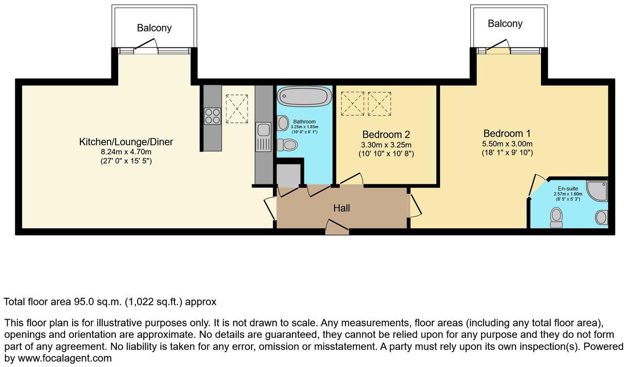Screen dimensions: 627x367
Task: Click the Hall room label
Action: (342, 208)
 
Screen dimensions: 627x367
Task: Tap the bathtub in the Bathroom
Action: (304, 96)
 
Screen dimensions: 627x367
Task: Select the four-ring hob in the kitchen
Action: (213, 116)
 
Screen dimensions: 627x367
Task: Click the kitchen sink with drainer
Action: (263, 137)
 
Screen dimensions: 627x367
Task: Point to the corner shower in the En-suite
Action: (597, 191)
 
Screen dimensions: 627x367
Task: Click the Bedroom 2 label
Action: (386, 135)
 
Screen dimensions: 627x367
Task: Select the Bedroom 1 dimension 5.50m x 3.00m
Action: (507, 144)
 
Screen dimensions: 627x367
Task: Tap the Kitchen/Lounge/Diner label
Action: (126, 142)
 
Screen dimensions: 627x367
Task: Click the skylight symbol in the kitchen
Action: (237, 108)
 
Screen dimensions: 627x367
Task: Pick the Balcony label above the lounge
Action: (154, 28)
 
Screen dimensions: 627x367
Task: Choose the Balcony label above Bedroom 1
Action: (505, 23)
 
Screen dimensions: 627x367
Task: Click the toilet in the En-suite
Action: (556, 217)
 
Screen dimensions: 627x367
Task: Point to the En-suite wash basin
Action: (601, 217)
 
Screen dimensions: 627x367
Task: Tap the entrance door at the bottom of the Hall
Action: (337, 227)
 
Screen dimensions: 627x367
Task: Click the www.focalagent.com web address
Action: (65, 358)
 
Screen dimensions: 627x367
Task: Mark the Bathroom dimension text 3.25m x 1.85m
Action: (304, 127)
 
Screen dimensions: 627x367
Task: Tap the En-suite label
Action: (568, 189)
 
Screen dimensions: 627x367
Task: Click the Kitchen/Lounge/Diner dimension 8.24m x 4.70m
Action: (126, 152)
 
